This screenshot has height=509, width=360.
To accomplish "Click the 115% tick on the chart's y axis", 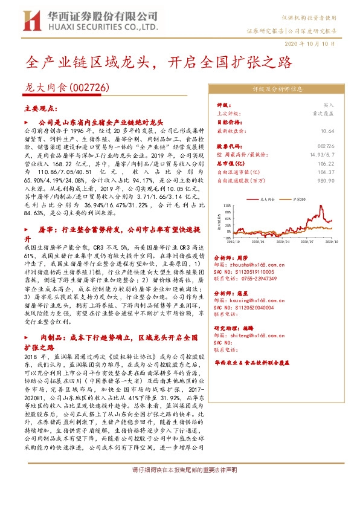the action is pos(227,204).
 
